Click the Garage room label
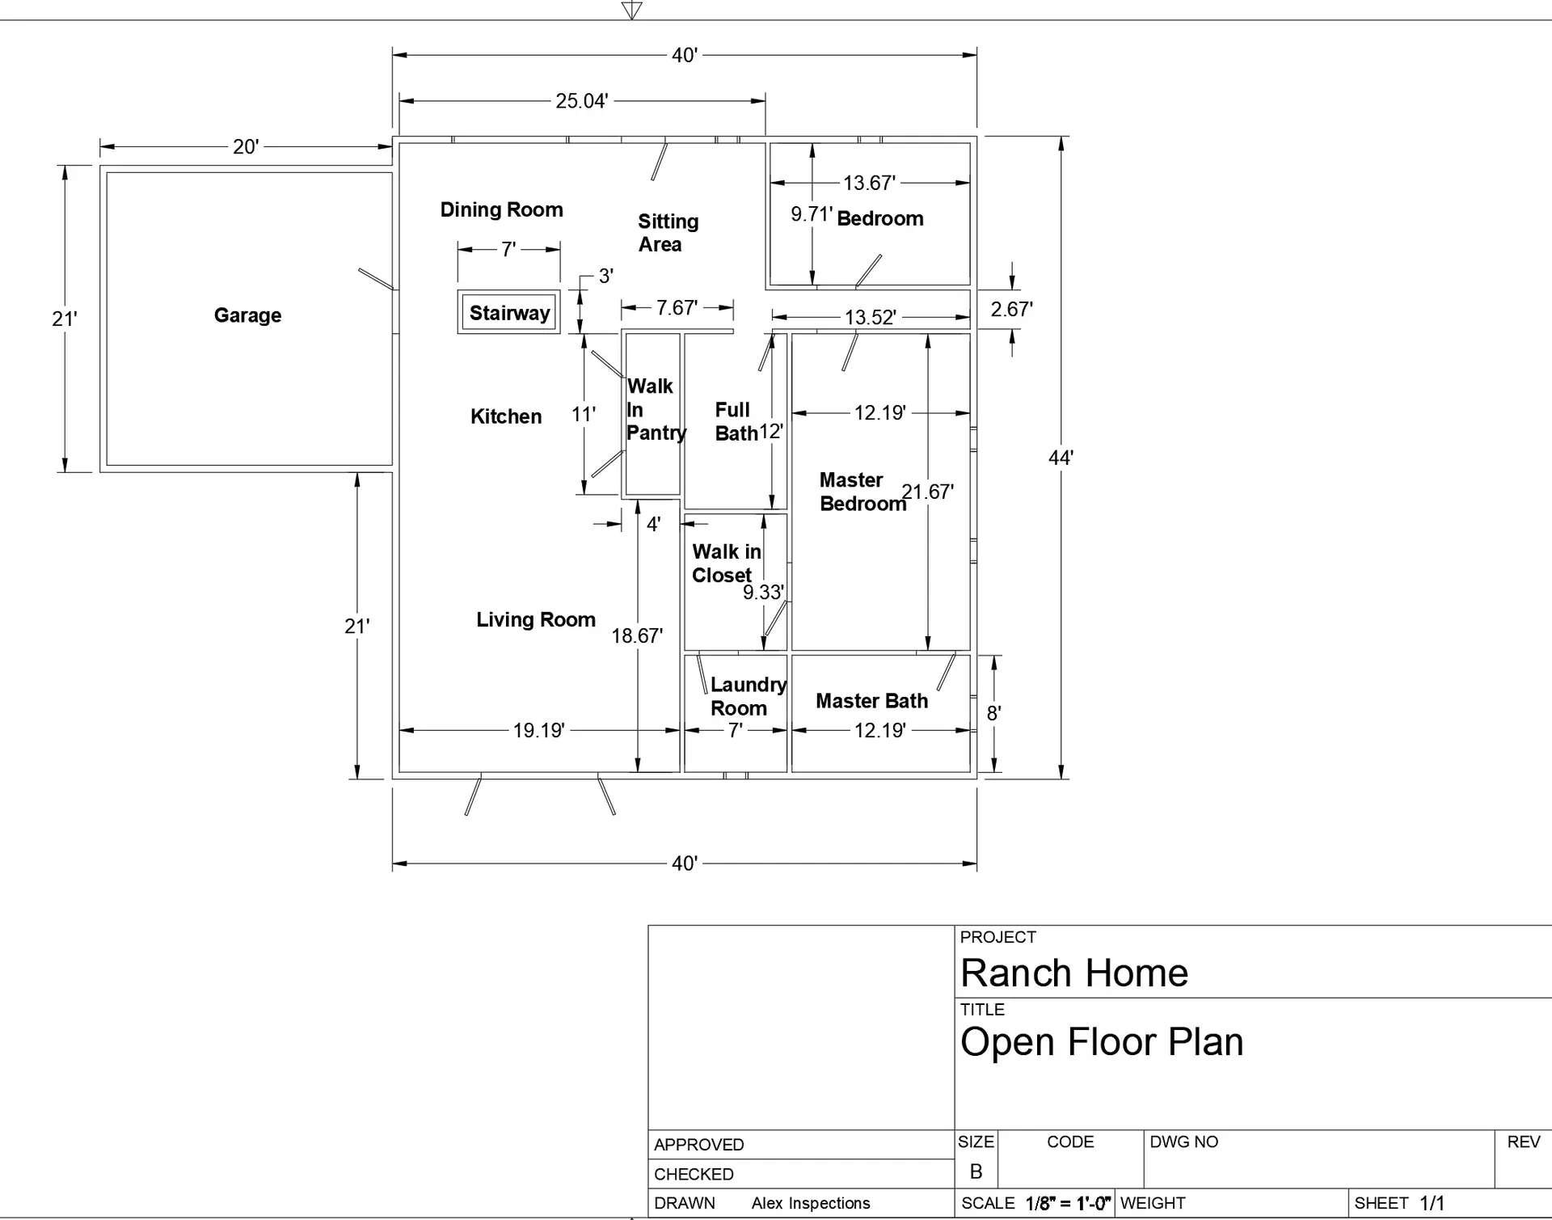coord(247,315)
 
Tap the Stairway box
coord(509,313)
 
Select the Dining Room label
coord(501,209)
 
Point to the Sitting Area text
coord(667,233)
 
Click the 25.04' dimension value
coord(581,101)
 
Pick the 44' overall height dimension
coord(1061,458)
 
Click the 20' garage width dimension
coord(246,146)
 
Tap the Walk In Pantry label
coord(654,409)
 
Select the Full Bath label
coord(734,421)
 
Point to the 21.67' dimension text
coord(927,492)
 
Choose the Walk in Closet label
coord(725,564)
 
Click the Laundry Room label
coord(746,696)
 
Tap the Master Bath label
coord(871,701)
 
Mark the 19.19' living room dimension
coord(538,730)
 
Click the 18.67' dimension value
coord(636,635)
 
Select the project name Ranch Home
coord(1073,973)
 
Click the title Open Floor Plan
coord(1101,1041)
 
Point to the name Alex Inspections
coord(810,1203)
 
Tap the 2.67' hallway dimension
coord(1011,309)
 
